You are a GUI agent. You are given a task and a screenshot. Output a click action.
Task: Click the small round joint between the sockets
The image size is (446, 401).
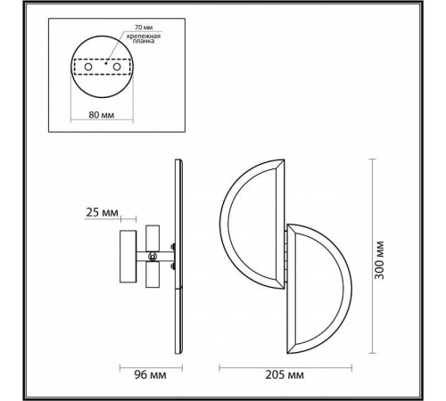(x=153, y=258)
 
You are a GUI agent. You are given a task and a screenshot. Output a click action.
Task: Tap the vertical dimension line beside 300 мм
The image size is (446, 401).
(x=368, y=258)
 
